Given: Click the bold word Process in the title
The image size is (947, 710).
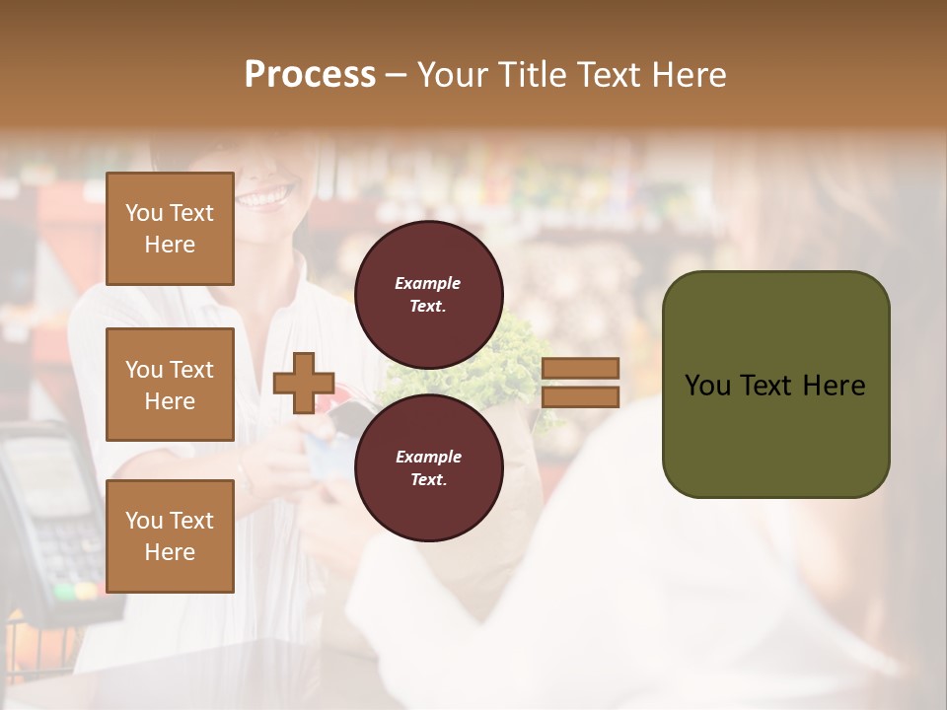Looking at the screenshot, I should pos(310,75).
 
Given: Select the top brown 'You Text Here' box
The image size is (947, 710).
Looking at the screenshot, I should pos(170,229).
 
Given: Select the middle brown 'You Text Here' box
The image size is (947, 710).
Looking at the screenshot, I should pos(170,385).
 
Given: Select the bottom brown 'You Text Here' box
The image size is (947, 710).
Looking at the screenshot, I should pos(170,535).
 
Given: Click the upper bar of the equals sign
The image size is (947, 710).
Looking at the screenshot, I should pos(580,369).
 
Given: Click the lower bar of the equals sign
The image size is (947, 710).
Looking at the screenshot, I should pos(580,396).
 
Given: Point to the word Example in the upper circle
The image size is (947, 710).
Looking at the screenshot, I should pos(427,283).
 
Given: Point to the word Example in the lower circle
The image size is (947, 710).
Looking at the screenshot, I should pos(428,457).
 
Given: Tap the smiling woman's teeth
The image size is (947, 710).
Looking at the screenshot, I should pos(264,197).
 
